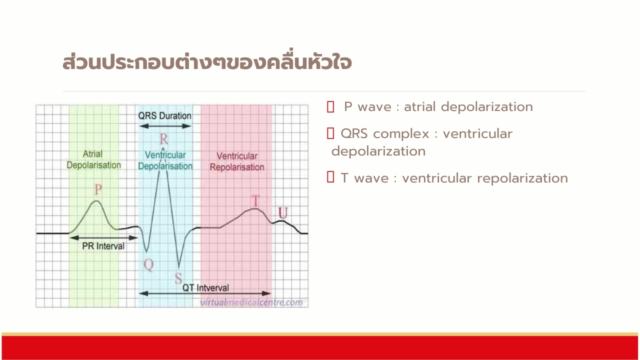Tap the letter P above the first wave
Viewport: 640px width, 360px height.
pos(98,189)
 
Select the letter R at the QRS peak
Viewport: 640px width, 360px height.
pos(163,139)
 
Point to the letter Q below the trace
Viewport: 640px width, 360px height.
pos(149,265)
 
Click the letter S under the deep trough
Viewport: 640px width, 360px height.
pos(178,278)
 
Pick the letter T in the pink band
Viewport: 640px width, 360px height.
pos(255,201)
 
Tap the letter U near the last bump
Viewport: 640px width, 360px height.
pos(283,213)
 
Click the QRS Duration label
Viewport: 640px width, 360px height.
pos(165,115)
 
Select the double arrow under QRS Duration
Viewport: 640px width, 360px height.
pos(165,126)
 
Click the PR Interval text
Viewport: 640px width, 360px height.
pos(103,246)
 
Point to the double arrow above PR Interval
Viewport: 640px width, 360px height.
pos(103,237)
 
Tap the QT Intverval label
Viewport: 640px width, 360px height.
pos(205,287)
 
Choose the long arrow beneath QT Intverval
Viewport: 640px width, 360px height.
pos(205,293)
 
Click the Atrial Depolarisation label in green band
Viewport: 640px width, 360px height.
pos(93,159)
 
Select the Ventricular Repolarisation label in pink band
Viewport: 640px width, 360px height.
pos(237,161)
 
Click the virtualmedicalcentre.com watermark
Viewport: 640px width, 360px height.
pos(251,302)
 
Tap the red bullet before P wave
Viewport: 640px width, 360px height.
pos(330,107)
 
